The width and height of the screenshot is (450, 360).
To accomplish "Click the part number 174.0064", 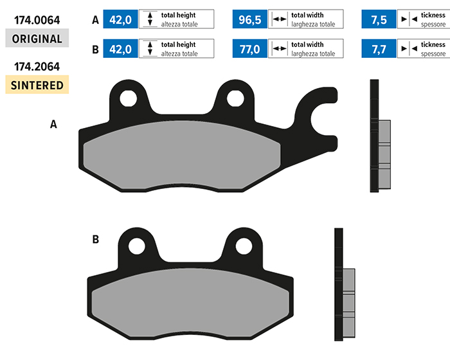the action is click(37, 20).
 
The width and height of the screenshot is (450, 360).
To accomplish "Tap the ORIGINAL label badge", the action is click(37, 38).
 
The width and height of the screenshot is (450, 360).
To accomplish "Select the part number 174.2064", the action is click(37, 67).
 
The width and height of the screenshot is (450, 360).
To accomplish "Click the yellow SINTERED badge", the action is click(37, 84).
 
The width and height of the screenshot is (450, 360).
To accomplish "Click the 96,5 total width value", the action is click(250, 19).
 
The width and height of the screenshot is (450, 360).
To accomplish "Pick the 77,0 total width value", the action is click(250, 49).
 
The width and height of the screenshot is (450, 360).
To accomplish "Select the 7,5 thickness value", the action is click(379, 19).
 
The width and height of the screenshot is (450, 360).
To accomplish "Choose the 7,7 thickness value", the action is click(379, 49).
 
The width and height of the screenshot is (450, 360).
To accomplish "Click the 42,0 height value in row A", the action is click(121, 19).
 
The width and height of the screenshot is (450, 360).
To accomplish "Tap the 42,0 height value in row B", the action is click(121, 49).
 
